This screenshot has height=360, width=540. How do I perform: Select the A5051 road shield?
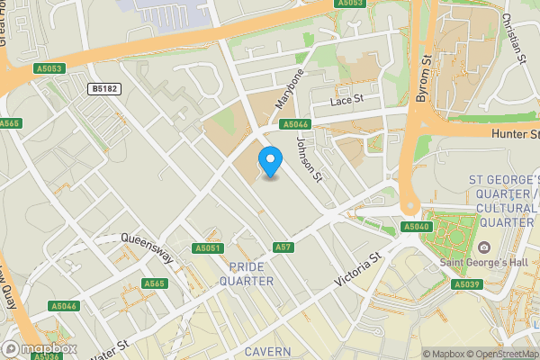(x=207, y=247)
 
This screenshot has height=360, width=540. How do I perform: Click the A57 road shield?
(x=283, y=247)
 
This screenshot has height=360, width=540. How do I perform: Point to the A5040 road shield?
(x=416, y=227)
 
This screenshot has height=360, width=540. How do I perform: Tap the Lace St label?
(x=346, y=100)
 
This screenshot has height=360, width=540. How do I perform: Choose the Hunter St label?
(x=515, y=134)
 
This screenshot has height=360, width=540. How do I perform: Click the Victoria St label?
(x=359, y=269)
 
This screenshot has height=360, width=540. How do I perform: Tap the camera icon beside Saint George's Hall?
(x=485, y=247)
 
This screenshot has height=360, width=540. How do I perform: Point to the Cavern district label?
(x=265, y=350)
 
